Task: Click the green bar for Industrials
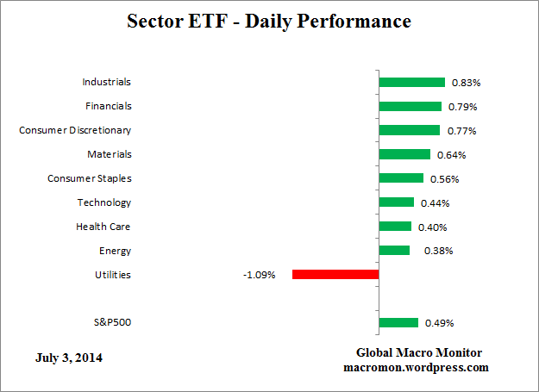coord(411,83)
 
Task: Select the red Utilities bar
coord(335,275)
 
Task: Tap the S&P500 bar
coord(398,323)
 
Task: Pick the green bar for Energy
coord(394,251)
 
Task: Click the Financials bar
coord(410,107)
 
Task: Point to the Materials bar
coord(404,155)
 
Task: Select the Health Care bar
coord(395,227)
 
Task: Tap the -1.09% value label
coord(260,276)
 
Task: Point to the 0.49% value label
coord(440,324)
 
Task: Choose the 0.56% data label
coord(444,179)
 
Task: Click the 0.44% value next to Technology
coord(435,203)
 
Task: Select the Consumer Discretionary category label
coord(75,130)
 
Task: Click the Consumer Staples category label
coord(89,178)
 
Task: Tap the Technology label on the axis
coord(103,202)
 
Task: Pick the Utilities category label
coord(112,275)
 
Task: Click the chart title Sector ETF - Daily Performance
coord(269,20)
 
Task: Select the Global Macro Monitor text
coord(419,353)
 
